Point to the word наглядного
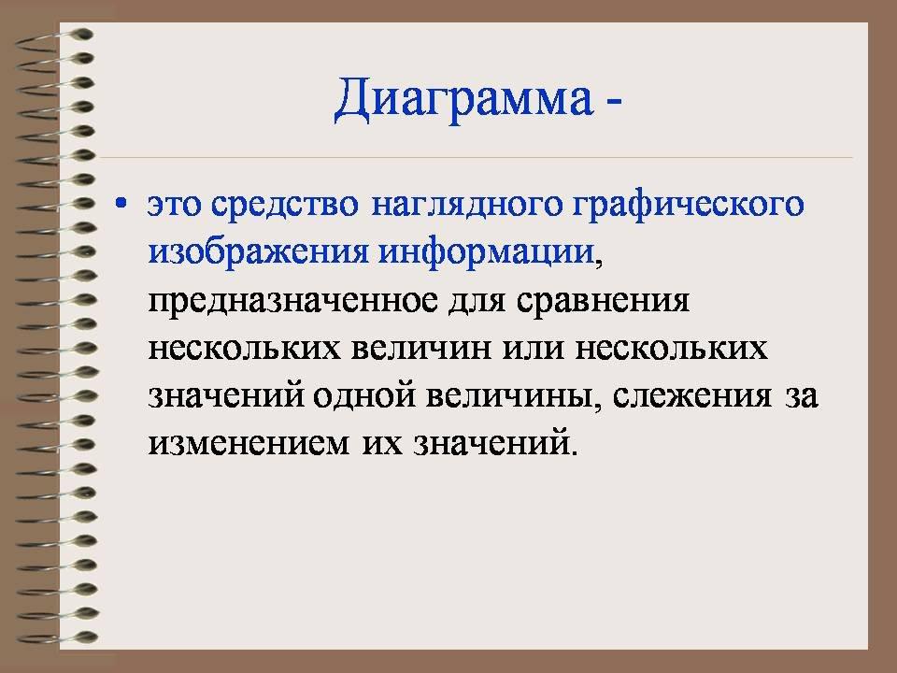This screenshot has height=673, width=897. (467, 206)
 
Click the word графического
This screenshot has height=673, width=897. (689, 206)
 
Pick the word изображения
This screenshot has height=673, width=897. (258, 252)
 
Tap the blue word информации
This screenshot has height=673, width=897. (487, 252)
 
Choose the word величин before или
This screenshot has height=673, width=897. (421, 349)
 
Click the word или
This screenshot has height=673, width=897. (534, 349)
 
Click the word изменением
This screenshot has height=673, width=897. (249, 443)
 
